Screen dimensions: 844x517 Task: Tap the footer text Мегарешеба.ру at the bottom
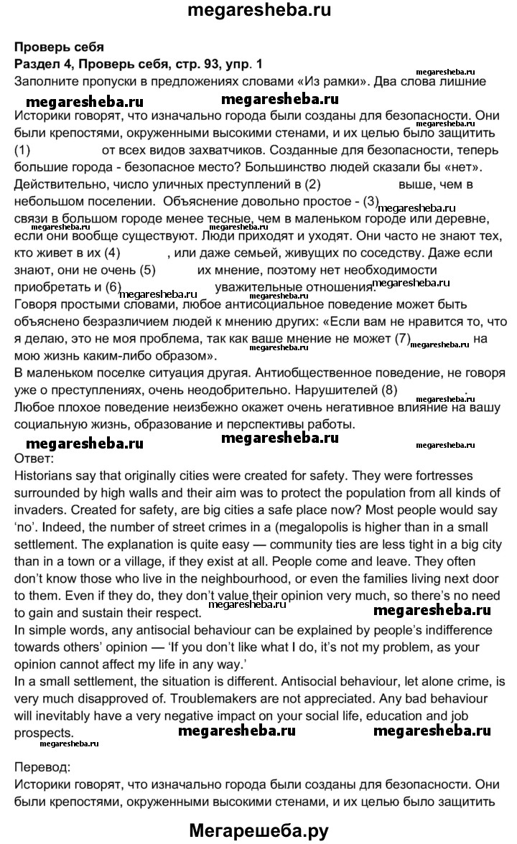[x=258, y=831]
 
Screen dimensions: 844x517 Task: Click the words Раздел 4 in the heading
[x=39, y=63]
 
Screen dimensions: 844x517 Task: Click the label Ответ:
[x=34, y=456]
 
